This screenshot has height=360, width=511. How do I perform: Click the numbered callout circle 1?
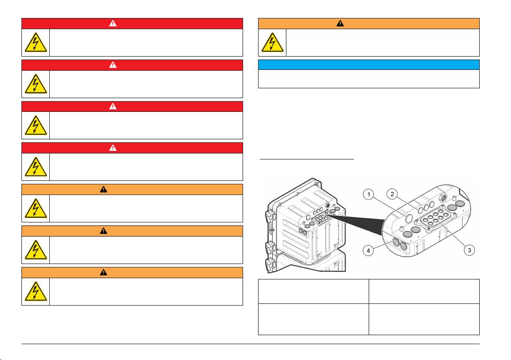pos(369,195)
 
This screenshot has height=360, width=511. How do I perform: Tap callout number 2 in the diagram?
pos(392,194)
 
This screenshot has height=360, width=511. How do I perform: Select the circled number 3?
pos(469,250)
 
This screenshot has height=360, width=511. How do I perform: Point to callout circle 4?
pos(368,251)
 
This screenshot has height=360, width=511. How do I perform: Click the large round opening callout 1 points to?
pos(409,218)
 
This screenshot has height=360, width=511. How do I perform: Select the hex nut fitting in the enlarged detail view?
pos(443,197)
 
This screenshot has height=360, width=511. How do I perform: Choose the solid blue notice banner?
pos(369,65)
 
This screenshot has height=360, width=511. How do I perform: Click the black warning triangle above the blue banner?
pos(340,23)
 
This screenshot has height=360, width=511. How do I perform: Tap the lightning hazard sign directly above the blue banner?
pos(273,42)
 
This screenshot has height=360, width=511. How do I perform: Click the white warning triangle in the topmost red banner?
pos(113,23)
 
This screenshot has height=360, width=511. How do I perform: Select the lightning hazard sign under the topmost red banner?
pos(36,42)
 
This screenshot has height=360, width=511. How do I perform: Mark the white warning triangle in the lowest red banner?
pos(113,147)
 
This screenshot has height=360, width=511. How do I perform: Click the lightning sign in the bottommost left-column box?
pos(36,291)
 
